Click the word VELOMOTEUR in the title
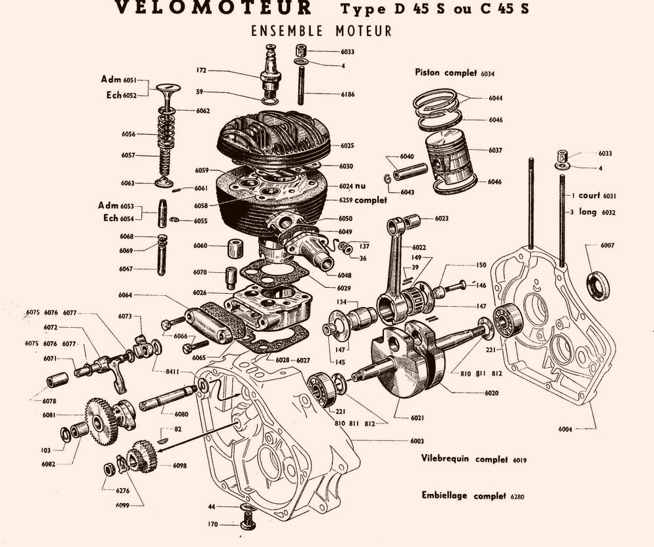click(x=213, y=8)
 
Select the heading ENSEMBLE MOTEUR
click(x=321, y=31)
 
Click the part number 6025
click(x=347, y=145)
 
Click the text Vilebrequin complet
click(x=465, y=459)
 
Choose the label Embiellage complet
click(x=463, y=495)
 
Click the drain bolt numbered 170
click(x=248, y=523)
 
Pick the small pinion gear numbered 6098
click(x=141, y=457)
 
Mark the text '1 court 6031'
click(x=593, y=196)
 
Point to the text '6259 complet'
click(x=362, y=200)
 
